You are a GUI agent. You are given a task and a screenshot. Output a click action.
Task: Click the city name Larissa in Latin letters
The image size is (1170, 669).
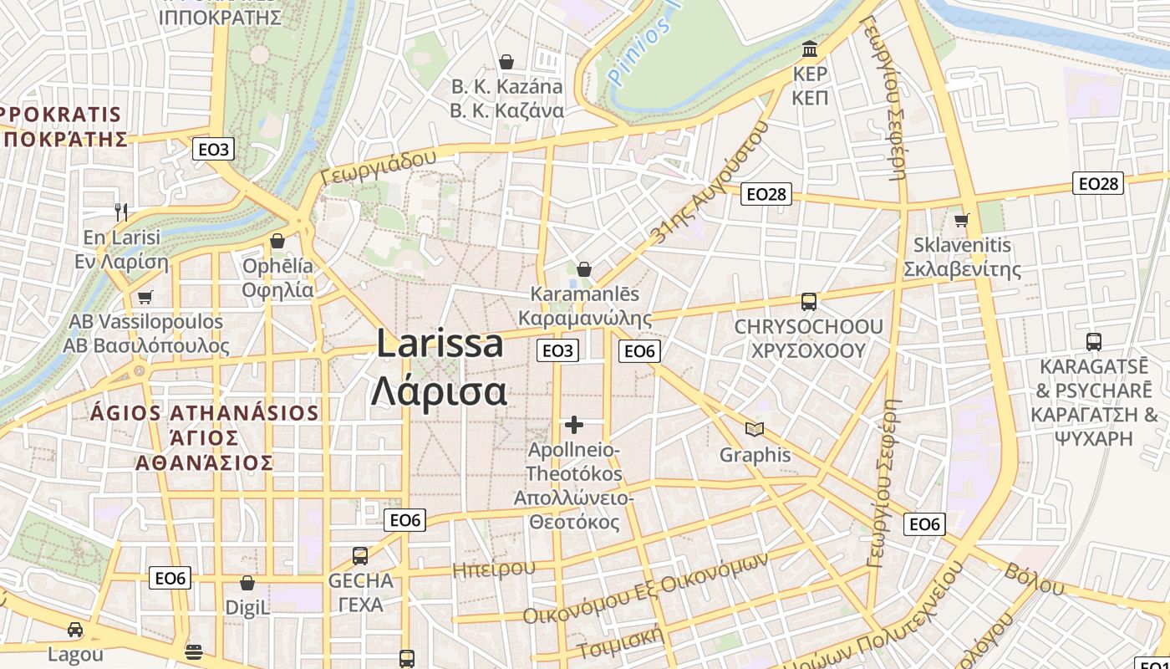click(440, 344)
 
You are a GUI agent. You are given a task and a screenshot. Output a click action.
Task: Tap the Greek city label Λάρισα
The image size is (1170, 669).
click(440, 391)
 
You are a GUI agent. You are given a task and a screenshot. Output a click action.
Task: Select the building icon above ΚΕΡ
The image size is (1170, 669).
click(809, 48)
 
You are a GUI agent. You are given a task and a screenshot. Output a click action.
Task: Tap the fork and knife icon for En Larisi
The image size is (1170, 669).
click(122, 212)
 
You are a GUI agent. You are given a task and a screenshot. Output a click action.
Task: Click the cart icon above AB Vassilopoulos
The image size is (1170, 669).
click(145, 297)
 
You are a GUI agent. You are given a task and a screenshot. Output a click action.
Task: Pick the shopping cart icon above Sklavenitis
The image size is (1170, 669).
click(962, 220)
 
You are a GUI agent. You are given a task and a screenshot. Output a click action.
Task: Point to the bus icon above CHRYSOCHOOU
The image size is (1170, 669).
click(808, 302)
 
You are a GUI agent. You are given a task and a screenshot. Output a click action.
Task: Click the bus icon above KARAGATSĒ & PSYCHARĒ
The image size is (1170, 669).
click(1093, 341)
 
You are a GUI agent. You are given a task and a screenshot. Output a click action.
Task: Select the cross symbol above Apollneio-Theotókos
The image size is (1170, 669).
click(574, 425)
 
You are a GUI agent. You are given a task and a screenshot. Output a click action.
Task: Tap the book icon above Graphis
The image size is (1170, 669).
click(755, 430)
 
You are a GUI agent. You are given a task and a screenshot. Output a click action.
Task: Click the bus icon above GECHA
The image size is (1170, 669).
click(360, 555)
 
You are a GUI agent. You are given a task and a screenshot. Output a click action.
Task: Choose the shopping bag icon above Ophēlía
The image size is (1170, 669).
click(277, 241)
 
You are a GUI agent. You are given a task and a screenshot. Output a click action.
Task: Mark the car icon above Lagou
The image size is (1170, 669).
click(75, 630)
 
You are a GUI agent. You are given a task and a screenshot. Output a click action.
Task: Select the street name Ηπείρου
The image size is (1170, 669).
click(493, 569)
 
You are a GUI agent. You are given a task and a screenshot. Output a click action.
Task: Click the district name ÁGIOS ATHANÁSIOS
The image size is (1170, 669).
click(205, 413)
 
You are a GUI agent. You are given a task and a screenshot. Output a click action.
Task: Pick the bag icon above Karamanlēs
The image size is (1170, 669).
click(584, 269)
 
